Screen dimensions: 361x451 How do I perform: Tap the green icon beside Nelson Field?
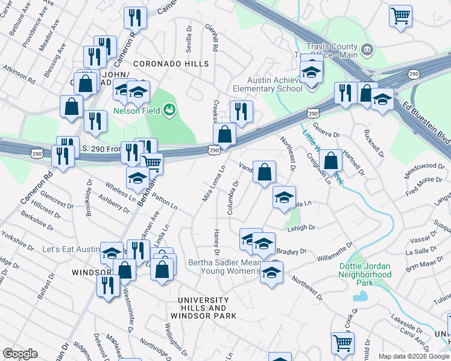[170, 110]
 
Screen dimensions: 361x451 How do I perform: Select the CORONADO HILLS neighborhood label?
[171, 63]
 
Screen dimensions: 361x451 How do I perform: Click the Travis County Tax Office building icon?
[367, 48]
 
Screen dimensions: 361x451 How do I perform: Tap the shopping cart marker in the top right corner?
[400, 16]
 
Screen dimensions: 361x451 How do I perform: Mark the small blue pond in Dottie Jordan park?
[361, 296]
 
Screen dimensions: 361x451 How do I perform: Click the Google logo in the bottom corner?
[20, 354]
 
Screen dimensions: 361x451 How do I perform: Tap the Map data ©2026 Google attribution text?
[413, 356]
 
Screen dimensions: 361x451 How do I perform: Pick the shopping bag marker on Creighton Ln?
[330, 161]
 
